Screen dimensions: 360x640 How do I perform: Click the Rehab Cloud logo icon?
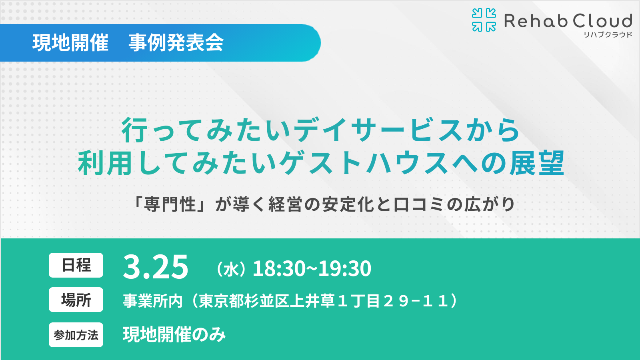pyautogui.click(x=484, y=20)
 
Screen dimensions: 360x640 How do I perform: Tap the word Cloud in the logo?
pyautogui.click(x=602, y=21)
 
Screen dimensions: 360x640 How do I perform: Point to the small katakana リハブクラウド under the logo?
pyautogui.click(x=608, y=35)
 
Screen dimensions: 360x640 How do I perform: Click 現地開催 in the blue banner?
pyautogui.click(x=70, y=43)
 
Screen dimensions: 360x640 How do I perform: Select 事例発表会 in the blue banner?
pyautogui.click(x=176, y=43)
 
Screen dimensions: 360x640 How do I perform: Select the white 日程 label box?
pyautogui.click(x=76, y=265)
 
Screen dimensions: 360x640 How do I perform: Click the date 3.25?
pyautogui.click(x=156, y=267)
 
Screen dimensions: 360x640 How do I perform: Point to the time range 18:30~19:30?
pyautogui.click(x=312, y=268)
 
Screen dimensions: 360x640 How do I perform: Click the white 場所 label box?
pyautogui.click(x=76, y=300)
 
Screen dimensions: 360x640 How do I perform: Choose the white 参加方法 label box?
pyautogui.click(x=76, y=335)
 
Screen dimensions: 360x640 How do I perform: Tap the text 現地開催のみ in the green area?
pyautogui.click(x=174, y=335)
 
